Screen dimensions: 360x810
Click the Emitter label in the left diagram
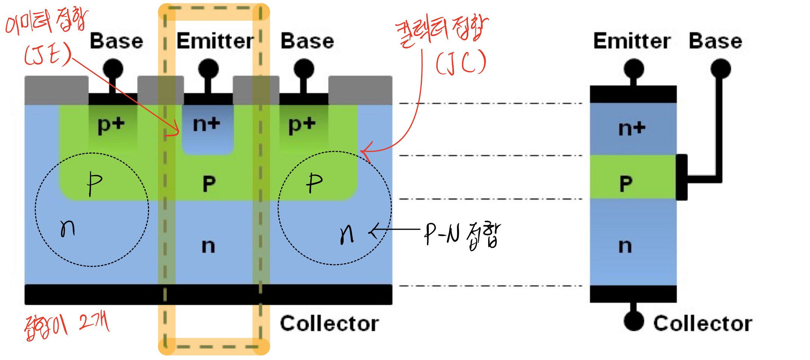pyautogui.click(x=215, y=41)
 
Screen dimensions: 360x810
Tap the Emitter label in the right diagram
pyautogui.click(x=632, y=41)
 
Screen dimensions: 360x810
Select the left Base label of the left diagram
pyautogui.click(x=116, y=41)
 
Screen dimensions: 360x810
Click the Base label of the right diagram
pyautogui.click(x=715, y=41)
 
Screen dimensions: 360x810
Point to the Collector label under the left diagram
pyautogui.click(x=329, y=323)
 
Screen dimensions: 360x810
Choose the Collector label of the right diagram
pyautogui.click(x=703, y=323)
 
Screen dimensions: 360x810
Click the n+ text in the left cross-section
pyautogui.click(x=206, y=124)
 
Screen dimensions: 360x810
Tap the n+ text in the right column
pyautogui.click(x=632, y=128)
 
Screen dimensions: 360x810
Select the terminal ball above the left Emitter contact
pyautogui.click(x=208, y=69)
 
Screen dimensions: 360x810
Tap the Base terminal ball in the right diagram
pyautogui.click(x=720, y=69)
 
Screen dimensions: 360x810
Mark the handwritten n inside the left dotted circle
pyautogui.click(x=68, y=228)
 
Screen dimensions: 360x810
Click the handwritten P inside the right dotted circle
pyautogui.click(x=314, y=183)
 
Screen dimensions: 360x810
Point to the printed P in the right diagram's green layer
pyautogui.click(x=626, y=184)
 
